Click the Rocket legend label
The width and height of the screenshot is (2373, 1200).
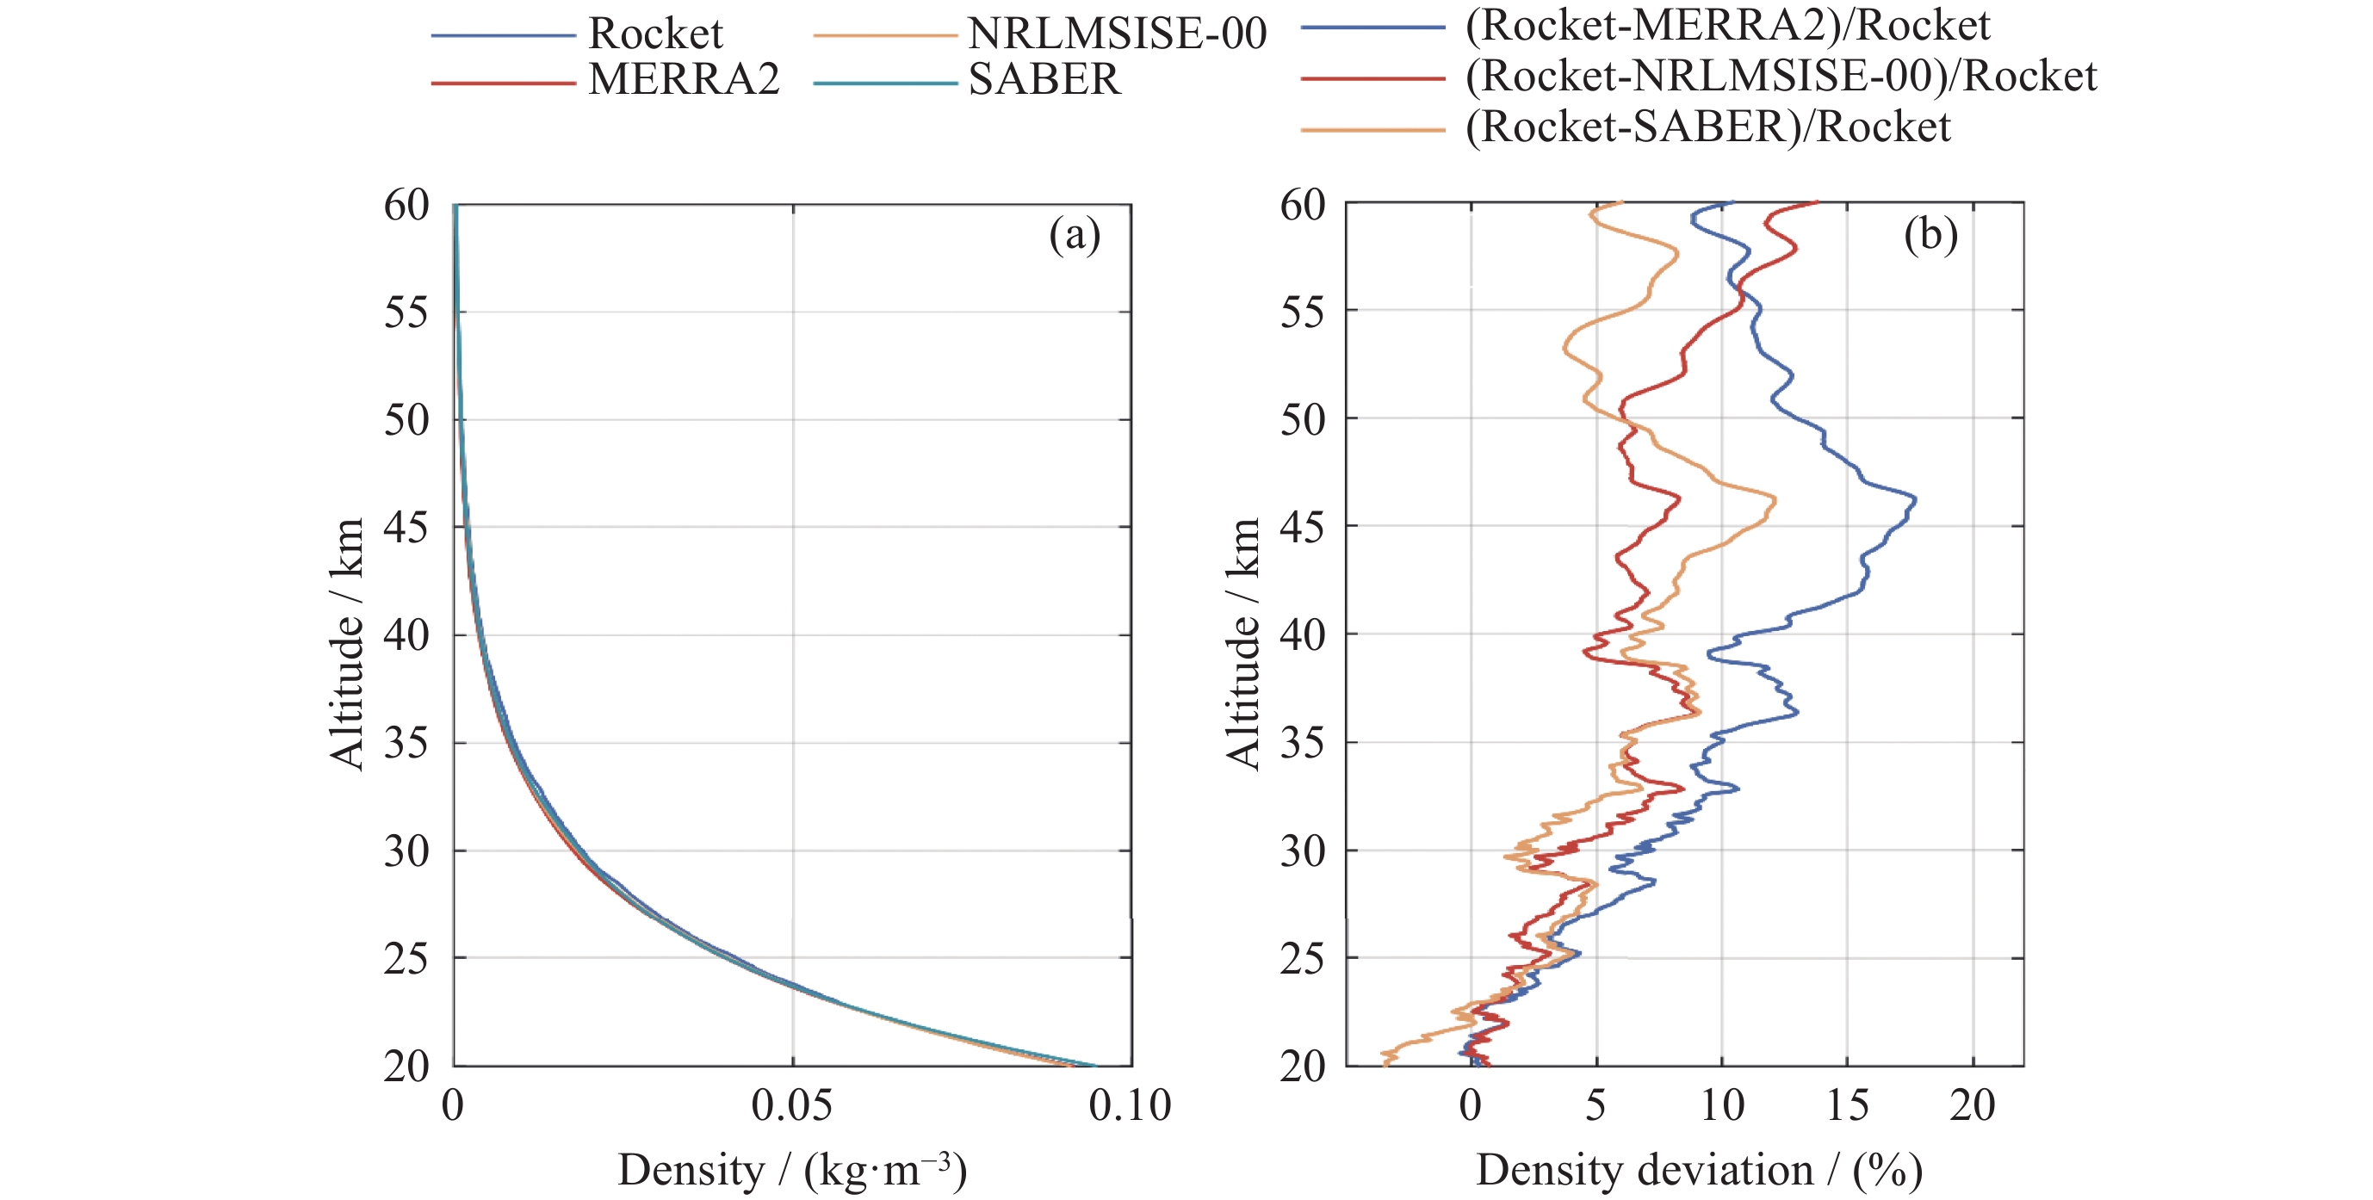click(x=655, y=34)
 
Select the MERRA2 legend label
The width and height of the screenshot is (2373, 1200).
click(x=684, y=80)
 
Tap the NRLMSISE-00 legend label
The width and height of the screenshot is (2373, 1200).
click(x=1118, y=34)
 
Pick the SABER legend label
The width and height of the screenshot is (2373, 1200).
click(x=1044, y=80)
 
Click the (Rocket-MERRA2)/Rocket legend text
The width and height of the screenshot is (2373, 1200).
click(x=1727, y=25)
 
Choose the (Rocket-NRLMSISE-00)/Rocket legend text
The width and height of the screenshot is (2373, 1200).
click(x=1781, y=76)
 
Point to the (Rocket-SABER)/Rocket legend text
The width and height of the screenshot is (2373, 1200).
click(x=1707, y=127)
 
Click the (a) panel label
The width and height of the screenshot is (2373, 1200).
click(x=1074, y=235)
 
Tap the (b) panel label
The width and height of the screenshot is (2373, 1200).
click(x=1930, y=235)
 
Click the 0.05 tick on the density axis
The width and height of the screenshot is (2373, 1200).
click(x=791, y=1105)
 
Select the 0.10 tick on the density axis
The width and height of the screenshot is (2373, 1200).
click(x=1130, y=1105)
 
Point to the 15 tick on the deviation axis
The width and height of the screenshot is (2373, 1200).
click(x=1847, y=1105)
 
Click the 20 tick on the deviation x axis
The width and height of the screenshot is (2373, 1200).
click(x=1973, y=1105)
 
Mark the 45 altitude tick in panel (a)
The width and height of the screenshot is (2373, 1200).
click(x=406, y=528)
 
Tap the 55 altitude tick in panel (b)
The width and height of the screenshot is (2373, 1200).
click(x=1302, y=312)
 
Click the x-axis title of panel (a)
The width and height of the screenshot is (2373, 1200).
click(x=791, y=1171)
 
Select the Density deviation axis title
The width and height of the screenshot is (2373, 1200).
click(x=1699, y=1171)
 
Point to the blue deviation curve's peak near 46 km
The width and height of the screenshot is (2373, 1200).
click(x=1915, y=500)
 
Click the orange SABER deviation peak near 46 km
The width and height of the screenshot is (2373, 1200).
click(x=1775, y=500)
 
